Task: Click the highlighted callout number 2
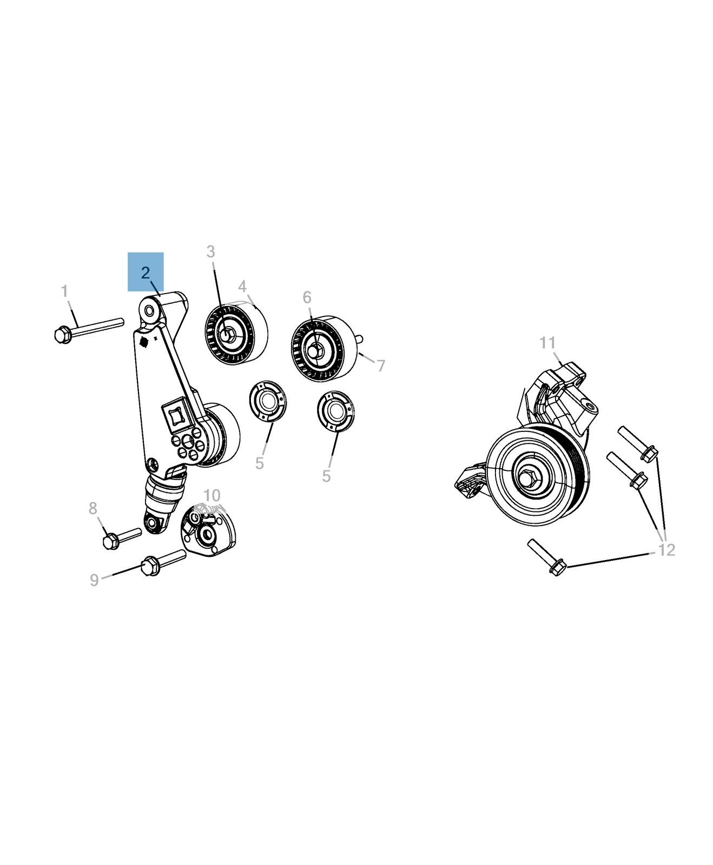[145, 272]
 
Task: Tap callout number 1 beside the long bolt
[65, 291]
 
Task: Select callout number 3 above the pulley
[210, 252]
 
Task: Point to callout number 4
[242, 287]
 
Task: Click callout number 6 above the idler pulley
[307, 297]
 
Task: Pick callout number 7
[381, 366]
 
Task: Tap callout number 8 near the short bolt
[93, 508]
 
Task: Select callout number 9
[94, 580]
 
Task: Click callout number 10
[212, 495]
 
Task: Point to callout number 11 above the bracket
[547, 343]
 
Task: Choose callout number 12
[666, 550]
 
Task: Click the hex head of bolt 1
[63, 335]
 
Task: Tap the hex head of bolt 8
[111, 540]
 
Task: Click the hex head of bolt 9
[150, 567]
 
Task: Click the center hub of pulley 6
[316, 349]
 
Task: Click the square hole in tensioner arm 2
[176, 415]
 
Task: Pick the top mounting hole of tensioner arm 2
[149, 311]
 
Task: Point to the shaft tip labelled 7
[359, 339]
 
